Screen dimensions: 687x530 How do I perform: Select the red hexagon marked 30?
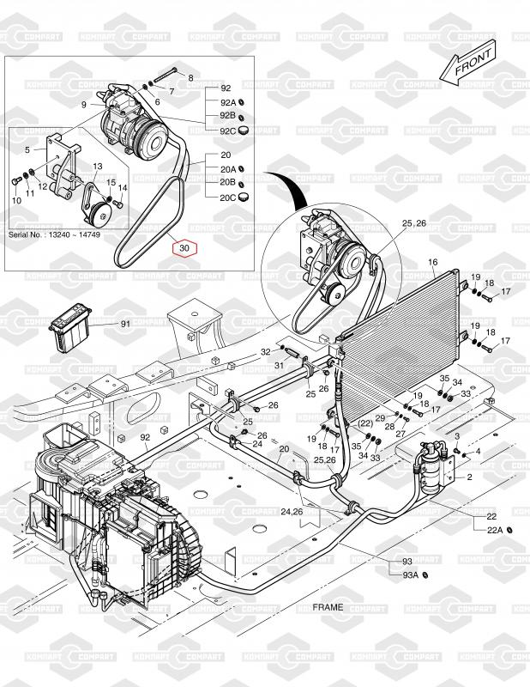point(186,249)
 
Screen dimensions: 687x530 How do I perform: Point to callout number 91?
point(124,324)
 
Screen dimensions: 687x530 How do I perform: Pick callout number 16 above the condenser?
point(432,262)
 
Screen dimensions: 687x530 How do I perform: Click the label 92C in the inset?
point(226,131)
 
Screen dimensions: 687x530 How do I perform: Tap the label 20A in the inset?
point(226,169)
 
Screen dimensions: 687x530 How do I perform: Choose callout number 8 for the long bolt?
point(190,78)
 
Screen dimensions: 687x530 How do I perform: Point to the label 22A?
point(495,530)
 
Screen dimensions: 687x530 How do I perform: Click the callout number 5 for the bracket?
point(27,149)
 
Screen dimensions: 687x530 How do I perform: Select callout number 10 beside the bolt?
point(15,200)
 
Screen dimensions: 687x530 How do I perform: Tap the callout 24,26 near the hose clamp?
point(291,513)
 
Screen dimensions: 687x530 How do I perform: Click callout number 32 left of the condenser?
point(265,352)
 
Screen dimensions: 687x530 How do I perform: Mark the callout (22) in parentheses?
point(364,423)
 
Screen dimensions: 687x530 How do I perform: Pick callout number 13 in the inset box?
point(97,166)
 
